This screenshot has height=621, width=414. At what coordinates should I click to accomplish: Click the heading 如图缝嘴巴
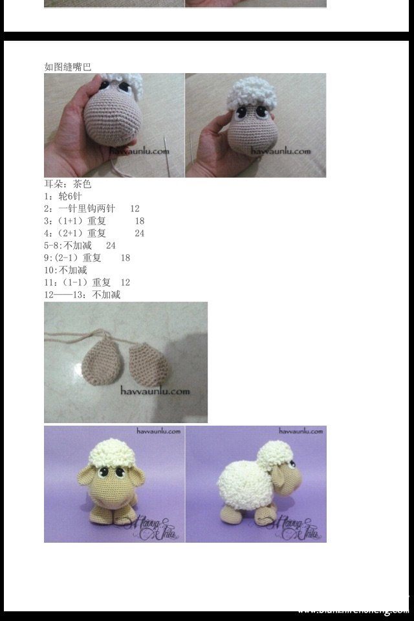pyautogui.click(x=68, y=66)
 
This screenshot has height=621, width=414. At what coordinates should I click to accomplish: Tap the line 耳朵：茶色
pyautogui.click(x=68, y=184)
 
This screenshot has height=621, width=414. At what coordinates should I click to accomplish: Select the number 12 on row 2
pyautogui.click(x=135, y=208)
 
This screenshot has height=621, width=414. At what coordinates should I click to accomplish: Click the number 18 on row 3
pyautogui.click(x=140, y=221)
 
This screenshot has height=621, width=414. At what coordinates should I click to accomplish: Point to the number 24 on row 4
pyautogui.click(x=140, y=233)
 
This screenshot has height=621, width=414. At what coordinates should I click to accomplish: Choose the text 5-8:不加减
pyautogui.click(x=68, y=245)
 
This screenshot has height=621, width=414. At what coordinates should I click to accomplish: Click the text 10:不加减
pyautogui.click(x=65, y=270)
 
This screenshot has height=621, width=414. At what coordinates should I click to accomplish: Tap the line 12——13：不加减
pyautogui.click(x=82, y=294)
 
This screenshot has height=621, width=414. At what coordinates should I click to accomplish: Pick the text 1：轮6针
pyautogui.click(x=63, y=196)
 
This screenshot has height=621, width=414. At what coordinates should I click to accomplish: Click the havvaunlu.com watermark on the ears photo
pyautogui.click(x=155, y=391)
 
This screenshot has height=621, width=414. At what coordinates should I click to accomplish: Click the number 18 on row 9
pyautogui.click(x=125, y=257)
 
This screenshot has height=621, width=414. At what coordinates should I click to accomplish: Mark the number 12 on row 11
pyautogui.click(x=125, y=282)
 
